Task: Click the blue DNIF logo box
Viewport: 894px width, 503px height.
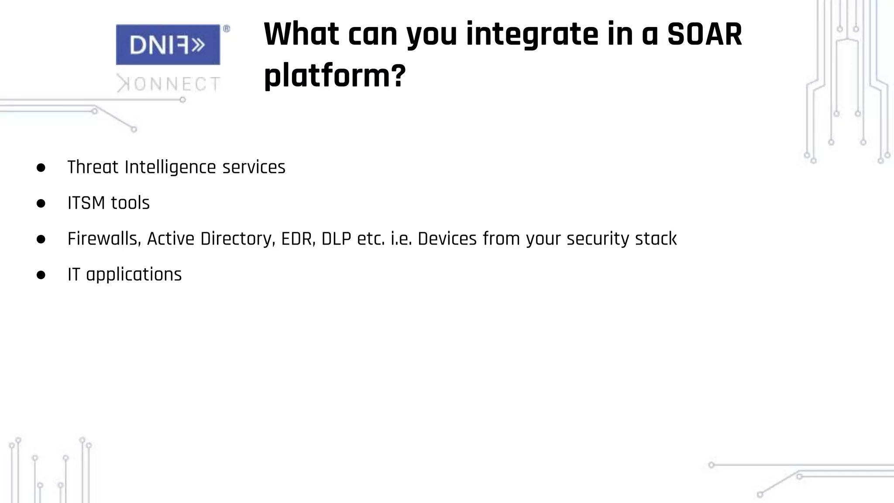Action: (168, 45)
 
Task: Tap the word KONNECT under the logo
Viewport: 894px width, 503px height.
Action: (168, 84)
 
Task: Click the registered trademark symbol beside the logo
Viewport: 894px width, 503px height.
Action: (227, 29)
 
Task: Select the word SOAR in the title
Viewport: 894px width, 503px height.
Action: (705, 34)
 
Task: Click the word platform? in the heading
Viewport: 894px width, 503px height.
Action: (335, 76)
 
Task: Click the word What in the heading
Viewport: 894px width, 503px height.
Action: (301, 34)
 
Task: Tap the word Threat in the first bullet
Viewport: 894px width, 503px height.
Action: (93, 167)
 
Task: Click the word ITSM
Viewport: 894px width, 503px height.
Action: (86, 203)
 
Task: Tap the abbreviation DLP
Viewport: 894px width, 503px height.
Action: (336, 239)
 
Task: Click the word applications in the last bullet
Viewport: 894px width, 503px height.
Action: (134, 275)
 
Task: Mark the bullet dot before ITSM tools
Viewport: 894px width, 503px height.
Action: (41, 203)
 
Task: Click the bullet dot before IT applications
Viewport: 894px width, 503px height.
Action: (41, 275)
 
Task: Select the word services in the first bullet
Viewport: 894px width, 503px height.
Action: (254, 167)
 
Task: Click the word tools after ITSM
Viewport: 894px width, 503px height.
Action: (130, 203)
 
